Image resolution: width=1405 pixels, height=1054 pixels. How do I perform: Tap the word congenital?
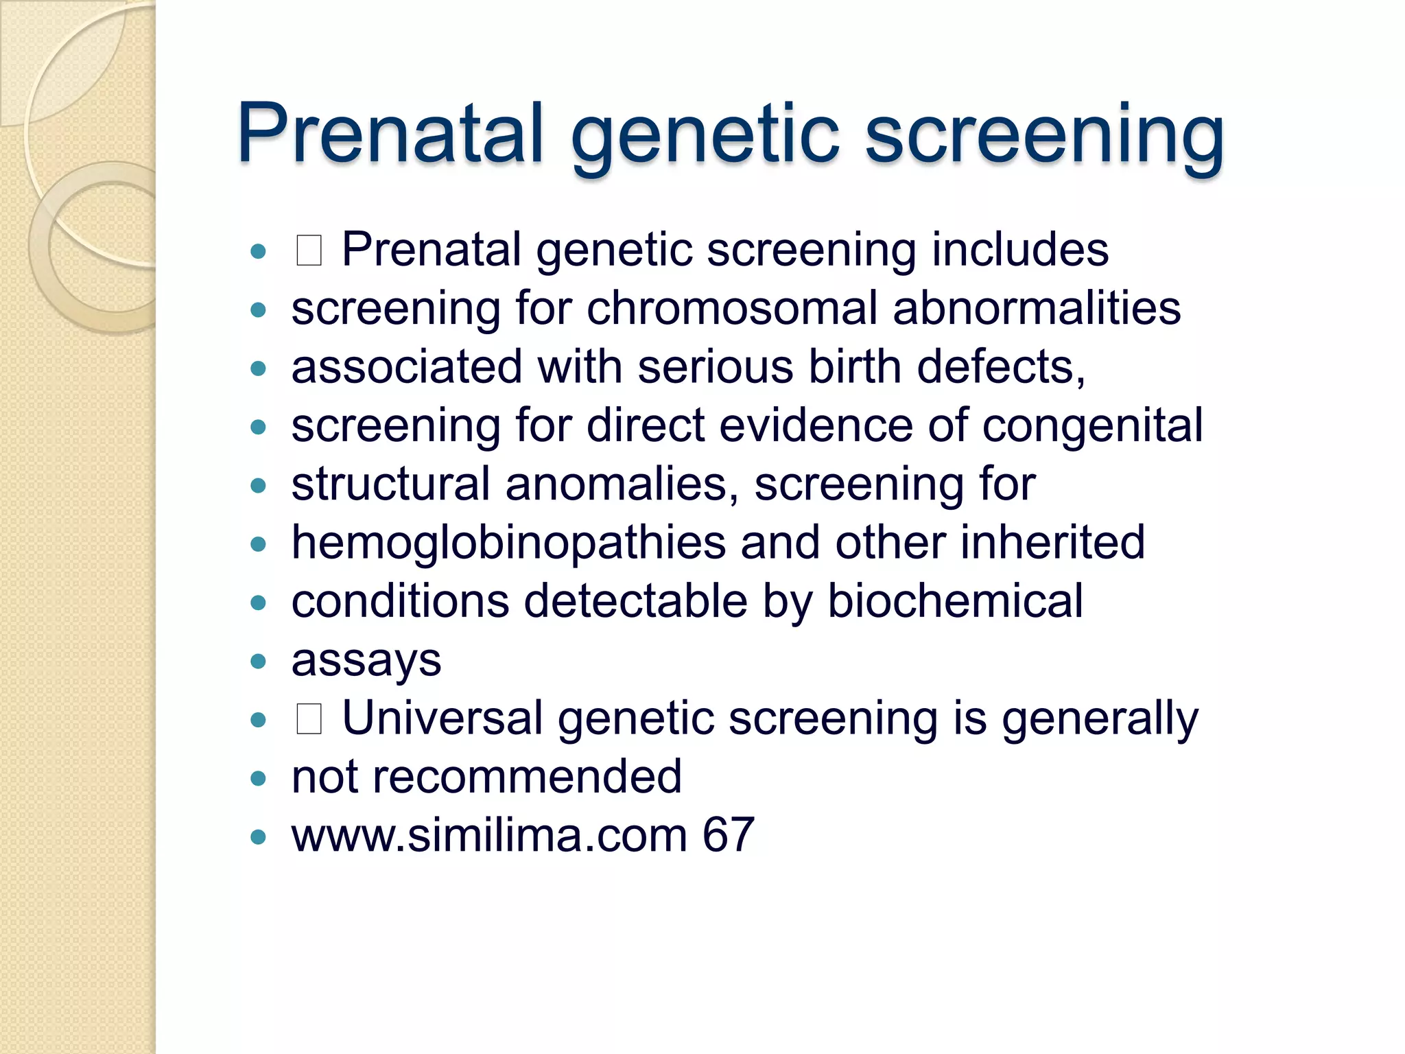(1092, 426)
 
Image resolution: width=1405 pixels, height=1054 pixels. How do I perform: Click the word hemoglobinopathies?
(508, 543)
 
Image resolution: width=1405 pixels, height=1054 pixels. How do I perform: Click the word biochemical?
(955, 601)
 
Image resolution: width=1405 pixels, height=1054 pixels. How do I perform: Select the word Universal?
(442, 718)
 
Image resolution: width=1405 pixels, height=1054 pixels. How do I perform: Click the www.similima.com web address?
(489, 835)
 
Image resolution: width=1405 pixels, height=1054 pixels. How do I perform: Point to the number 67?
(729, 835)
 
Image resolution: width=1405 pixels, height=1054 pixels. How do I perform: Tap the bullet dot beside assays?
(258, 661)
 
